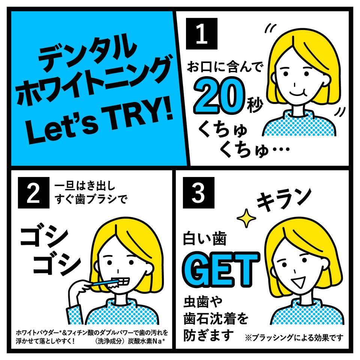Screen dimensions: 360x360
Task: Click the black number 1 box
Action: [202, 33]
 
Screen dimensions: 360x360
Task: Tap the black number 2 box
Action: [33, 193]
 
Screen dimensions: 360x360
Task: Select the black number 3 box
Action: [199, 193]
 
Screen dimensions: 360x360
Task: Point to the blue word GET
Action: [221, 269]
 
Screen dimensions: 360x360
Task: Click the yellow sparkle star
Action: [246, 218]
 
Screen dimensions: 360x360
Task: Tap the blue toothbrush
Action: [105, 282]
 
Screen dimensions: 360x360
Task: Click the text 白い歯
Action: [205, 238]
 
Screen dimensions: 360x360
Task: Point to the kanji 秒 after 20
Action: [255, 105]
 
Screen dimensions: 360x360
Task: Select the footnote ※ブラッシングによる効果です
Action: [294, 338]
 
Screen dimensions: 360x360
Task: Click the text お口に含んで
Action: [224, 67]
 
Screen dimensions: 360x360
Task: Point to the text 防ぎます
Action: [208, 335]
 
